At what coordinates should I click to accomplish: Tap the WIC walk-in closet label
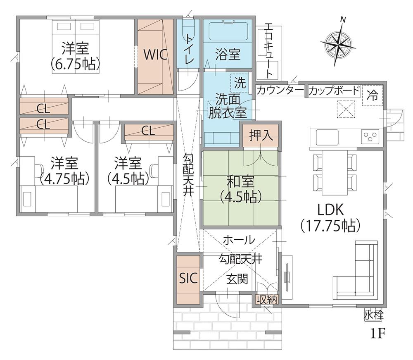click(155, 55)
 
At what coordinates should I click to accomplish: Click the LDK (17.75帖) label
click(330, 218)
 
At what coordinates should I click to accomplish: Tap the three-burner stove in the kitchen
click(370, 136)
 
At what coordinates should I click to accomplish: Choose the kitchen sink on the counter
click(327, 137)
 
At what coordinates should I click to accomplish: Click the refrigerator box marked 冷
click(372, 95)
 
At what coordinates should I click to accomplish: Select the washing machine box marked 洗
click(240, 83)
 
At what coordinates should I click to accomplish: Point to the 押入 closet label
click(261, 136)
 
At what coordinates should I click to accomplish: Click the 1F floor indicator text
click(378, 334)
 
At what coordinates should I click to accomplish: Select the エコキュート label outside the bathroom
click(268, 50)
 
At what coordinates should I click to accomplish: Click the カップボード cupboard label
click(334, 91)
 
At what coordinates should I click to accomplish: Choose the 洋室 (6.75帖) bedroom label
click(75, 56)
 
